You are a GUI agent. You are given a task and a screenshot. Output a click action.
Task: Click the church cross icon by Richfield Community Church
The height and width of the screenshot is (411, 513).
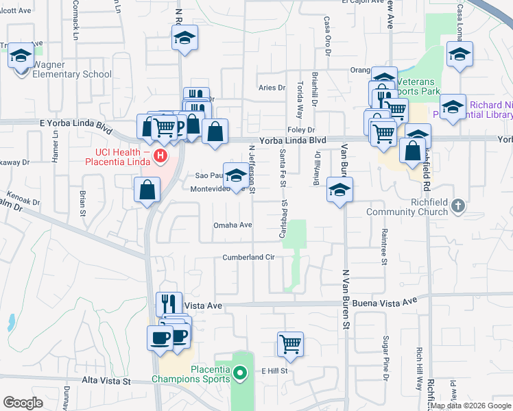coord(459,205)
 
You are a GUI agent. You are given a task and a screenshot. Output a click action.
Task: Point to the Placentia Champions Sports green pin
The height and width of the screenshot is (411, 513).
coord(239,373)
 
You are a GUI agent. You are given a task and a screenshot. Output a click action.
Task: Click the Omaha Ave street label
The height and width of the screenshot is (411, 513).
coord(233,225)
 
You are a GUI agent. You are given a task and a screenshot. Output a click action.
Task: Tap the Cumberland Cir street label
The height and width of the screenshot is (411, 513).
coord(248,258)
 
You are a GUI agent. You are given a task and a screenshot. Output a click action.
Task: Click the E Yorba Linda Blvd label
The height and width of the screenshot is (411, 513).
coord(75,127)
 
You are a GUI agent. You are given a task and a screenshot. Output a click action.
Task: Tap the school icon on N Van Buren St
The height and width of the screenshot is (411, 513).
coord(339,190)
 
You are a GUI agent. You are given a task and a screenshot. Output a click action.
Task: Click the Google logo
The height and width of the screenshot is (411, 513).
coord(23,403)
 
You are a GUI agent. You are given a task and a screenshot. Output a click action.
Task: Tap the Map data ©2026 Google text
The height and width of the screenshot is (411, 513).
coord(470,406)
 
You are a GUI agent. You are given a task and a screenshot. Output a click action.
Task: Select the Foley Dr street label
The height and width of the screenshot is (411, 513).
coord(300,129)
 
